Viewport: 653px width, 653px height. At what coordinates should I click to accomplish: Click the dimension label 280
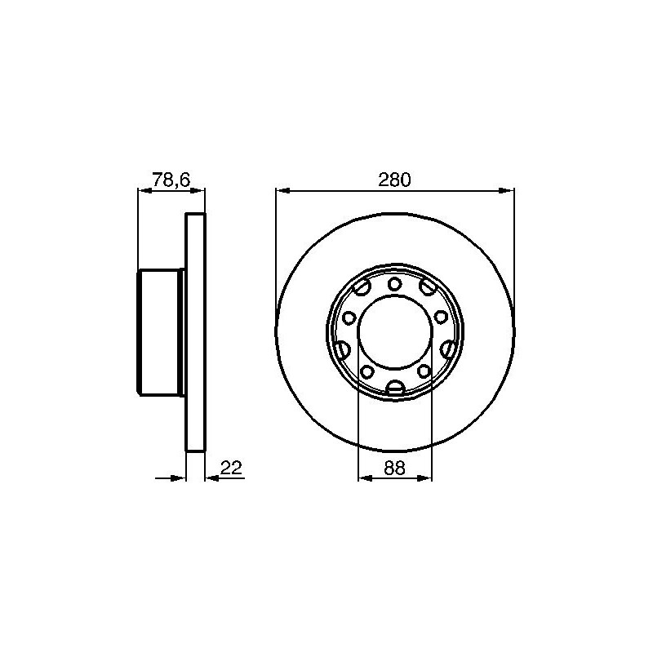[x=394, y=180]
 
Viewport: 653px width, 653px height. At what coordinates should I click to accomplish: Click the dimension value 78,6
[x=171, y=180]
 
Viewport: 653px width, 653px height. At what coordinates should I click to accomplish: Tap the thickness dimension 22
[x=231, y=468]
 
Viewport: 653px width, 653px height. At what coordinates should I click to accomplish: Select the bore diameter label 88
[x=395, y=468]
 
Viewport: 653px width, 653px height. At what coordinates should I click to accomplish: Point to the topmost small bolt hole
[x=394, y=284]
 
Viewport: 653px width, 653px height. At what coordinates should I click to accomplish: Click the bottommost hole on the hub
[x=395, y=389]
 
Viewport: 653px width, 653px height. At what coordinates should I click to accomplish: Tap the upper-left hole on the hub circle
[x=361, y=287]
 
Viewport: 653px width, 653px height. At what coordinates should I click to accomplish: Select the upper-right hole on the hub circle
[x=428, y=287]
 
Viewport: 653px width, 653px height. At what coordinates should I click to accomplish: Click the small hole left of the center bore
[x=349, y=318]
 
